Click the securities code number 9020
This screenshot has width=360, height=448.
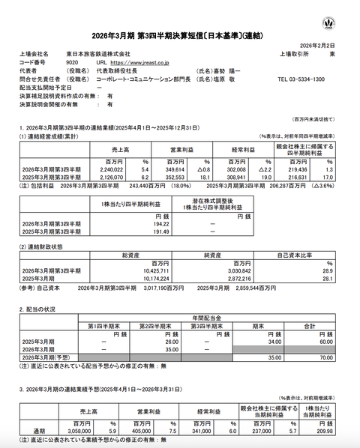pos(72,63)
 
